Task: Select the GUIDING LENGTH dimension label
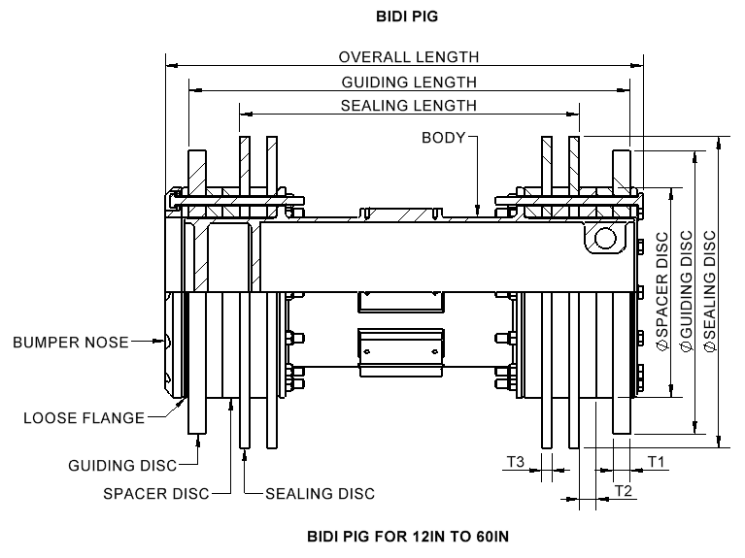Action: (x=409, y=82)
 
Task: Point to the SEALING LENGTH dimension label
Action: (x=409, y=106)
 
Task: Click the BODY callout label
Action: (x=443, y=138)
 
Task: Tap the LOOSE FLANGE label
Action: (x=84, y=418)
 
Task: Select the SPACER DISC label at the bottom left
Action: (x=156, y=493)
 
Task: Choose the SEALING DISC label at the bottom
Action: (x=320, y=493)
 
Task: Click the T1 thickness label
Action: (x=656, y=462)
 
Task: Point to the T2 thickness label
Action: (x=625, y=491)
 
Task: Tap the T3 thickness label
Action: (x=517, y=462)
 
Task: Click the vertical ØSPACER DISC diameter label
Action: (x=662, y=291)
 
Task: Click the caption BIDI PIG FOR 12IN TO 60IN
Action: (x=407, y=535)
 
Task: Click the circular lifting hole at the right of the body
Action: (x=604, y=238)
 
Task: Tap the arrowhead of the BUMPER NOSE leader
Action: (x=166, y=342)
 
